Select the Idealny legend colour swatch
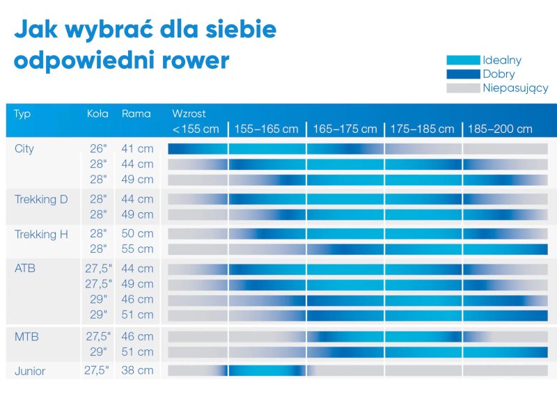point(463,61)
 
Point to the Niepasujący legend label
point(515,88)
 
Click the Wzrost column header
point(189,113)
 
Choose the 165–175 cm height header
point(345,129)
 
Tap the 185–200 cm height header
point(500,129)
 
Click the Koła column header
point(97,113)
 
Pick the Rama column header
point(136,113)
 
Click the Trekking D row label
point(41,200)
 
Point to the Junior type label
point(30,371)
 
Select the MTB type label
point(26,337)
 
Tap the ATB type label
point(25,268)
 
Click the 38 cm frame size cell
point(137,370)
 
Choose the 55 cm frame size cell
point(137,248)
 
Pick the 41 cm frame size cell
point(137,148)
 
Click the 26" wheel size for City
point(99,148)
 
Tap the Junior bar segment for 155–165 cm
point(267,370)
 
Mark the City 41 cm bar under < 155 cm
point(198,148)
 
